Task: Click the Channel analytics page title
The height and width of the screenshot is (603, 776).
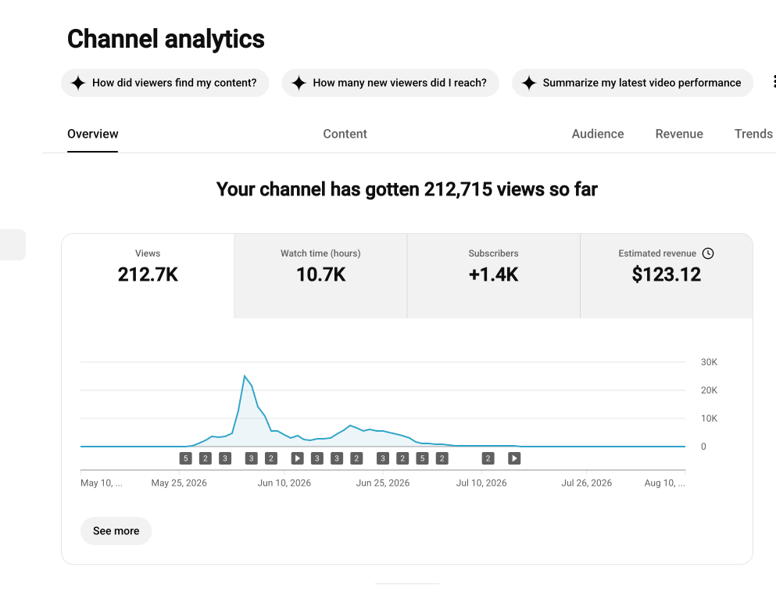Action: [166, 39]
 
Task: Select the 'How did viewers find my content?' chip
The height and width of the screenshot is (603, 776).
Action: [165, 83]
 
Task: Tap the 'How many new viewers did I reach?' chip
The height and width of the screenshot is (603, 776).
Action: [391, 83]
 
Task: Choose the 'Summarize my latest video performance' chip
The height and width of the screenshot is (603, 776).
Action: [632, 83]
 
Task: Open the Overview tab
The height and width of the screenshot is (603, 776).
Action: [92, 134]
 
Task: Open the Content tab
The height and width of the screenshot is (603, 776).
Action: [345, 134]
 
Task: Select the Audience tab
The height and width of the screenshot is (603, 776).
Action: [597, 134]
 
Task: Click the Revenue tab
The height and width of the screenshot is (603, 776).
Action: [679, 134]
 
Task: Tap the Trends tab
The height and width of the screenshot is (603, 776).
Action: [753, 134]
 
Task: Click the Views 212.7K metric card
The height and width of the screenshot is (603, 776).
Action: [148, 275]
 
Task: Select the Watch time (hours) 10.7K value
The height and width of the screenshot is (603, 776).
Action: [320, 275]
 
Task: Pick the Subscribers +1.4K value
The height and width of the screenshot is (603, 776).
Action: [493, 275]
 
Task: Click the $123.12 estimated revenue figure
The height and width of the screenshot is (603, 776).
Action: [666, 275]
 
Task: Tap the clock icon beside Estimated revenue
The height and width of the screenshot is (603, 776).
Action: [708, 253]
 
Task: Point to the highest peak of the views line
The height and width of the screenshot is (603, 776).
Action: [245, 376]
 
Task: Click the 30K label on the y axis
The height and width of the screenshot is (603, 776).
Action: [709, 362]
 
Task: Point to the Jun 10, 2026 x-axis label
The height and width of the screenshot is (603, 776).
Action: [284, 483]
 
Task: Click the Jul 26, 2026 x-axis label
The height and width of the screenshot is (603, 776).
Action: [586, 483]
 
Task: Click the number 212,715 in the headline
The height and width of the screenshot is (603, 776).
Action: [458, 189]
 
